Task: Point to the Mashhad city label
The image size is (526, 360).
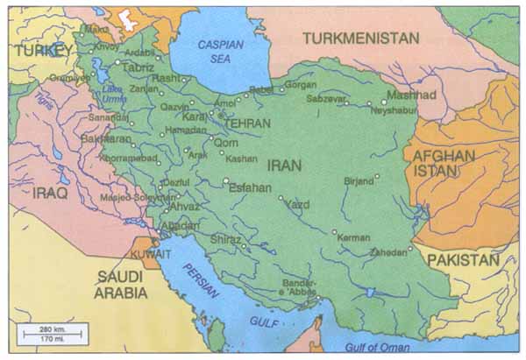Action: coord(411,95)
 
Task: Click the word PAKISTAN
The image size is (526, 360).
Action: coord(462,260)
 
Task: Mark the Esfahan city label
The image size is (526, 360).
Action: coord(250,187)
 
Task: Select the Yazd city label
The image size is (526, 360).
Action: coord(298,204)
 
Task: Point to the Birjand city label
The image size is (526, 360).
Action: coord(359,181)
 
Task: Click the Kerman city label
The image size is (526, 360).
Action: coord(354,237)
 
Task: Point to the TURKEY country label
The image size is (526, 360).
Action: coord(41,50)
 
